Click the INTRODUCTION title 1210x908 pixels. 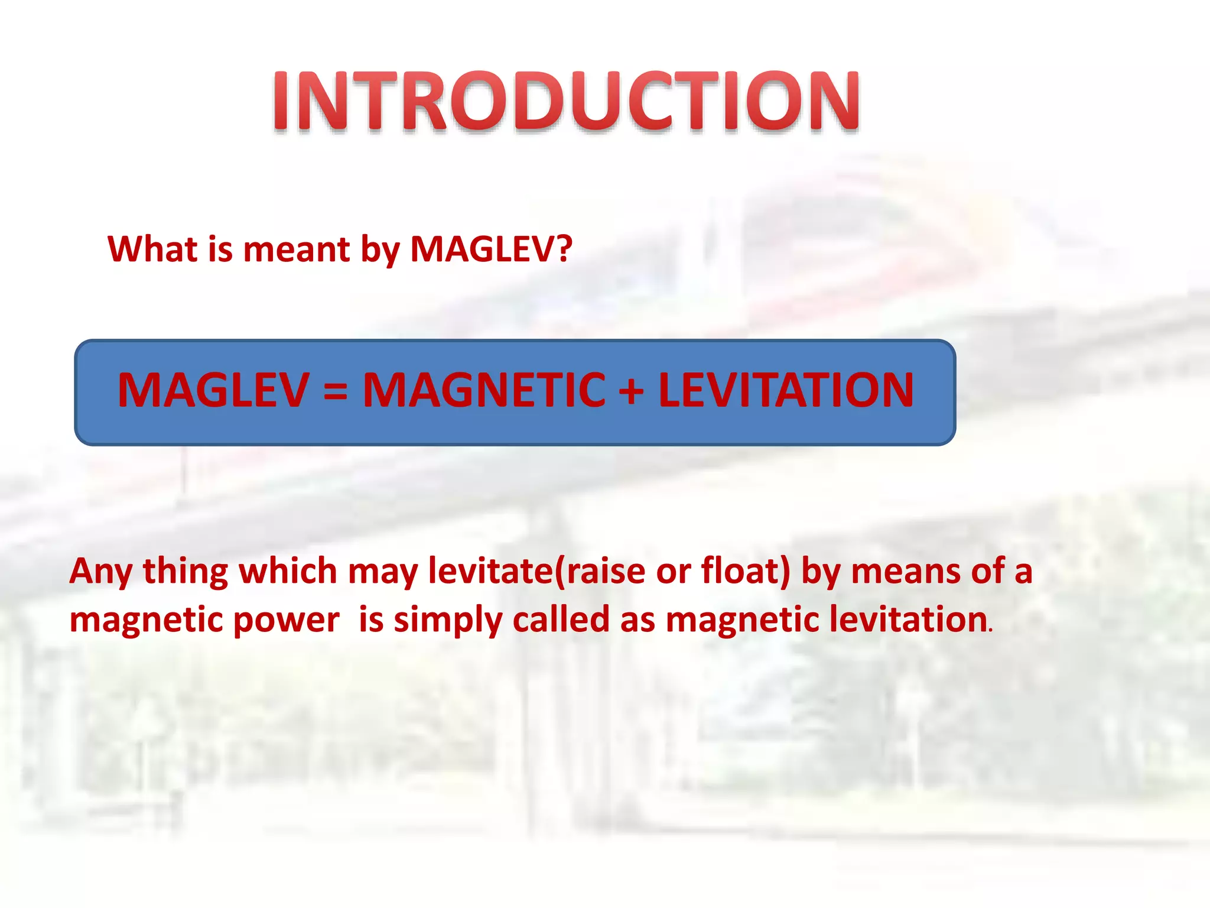tap(565, 100)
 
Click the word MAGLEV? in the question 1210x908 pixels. tap(491, 249)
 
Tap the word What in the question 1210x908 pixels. tap(152, 249)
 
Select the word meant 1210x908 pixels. tap(297, 249)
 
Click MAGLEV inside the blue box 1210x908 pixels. tap(213, 390)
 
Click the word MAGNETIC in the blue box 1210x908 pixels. tap(484, 390)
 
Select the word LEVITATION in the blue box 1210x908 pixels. tap(786, 390)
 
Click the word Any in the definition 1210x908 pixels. tap(100, 572)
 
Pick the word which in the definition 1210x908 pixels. tap(287, 571)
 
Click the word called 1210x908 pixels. tap(561, 620)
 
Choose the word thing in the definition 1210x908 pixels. tap(185, 572)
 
